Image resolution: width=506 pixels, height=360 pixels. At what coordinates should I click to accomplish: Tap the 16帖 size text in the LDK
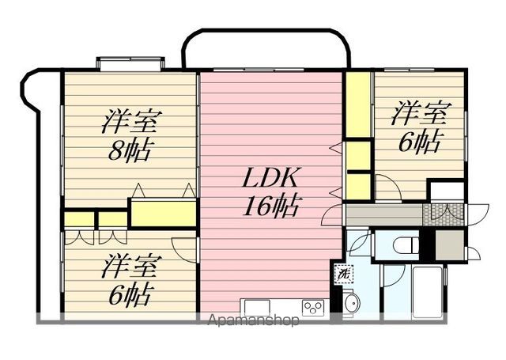(x=271, y=207)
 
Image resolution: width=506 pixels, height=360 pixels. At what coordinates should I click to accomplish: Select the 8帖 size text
(x=131, y=150)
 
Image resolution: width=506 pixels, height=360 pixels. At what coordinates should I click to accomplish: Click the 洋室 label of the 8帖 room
(x=131, y=122)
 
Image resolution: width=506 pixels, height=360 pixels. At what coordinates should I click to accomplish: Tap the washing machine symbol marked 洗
(x=344, y=272)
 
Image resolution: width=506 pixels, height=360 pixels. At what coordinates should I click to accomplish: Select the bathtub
(x=427, y=293)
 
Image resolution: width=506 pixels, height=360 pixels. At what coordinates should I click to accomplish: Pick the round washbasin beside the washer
(x=351, y=301)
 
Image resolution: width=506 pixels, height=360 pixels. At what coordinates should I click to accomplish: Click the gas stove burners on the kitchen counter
(x=312, y=307)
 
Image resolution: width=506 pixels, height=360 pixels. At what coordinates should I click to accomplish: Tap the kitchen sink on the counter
(x=257, y=307)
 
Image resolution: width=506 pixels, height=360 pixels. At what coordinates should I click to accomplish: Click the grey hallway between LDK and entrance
(x=383, y=214)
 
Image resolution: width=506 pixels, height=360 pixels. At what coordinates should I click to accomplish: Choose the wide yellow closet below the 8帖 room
(x=163, y=214)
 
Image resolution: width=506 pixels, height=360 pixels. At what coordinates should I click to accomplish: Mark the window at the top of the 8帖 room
(x=130, y=63)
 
